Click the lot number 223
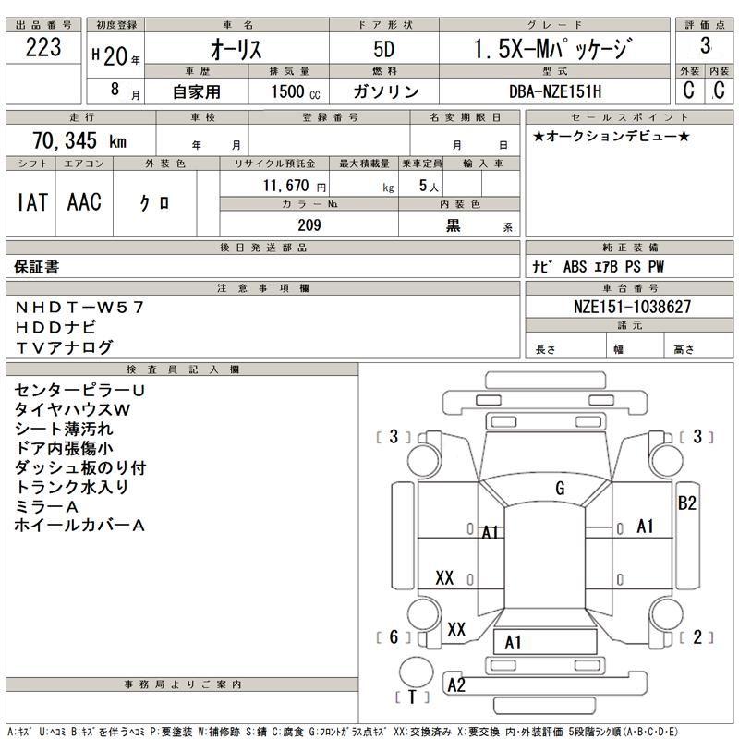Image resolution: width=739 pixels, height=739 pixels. tap(43, 47)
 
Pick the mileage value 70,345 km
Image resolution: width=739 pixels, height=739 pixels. tap(79, 141)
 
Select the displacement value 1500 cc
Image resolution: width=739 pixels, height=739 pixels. tap(295, 91)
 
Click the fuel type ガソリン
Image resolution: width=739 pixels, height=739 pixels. tap(385, 91)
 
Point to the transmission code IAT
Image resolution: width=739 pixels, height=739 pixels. tap(31, 203)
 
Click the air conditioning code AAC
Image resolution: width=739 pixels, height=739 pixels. tap(84, 203)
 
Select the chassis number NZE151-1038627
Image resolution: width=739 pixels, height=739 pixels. tap(627, 307)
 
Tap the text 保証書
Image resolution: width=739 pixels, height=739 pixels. tap(37, 267)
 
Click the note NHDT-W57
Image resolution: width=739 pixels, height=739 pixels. tap(79, 307)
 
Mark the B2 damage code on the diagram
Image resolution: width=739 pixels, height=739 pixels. tap(686, 503)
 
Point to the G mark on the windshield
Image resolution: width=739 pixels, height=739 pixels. tap(560, 489)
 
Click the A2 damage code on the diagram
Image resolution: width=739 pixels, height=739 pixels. tap(455, 684)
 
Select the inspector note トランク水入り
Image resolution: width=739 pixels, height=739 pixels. tap(71, 487)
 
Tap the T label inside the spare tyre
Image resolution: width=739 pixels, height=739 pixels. tap(413, 696)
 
